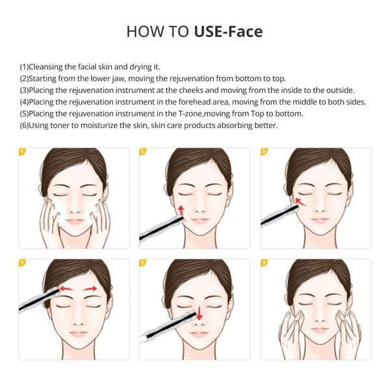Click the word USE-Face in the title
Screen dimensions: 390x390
pos(228,32)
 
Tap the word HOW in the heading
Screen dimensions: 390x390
pos(141,32)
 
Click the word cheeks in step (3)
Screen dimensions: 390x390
pos(186,90)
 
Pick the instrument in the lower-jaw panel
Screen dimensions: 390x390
pos(159,227)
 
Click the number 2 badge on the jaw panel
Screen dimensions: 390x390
pos(143,152)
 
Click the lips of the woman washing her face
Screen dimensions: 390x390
pos(74,221)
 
